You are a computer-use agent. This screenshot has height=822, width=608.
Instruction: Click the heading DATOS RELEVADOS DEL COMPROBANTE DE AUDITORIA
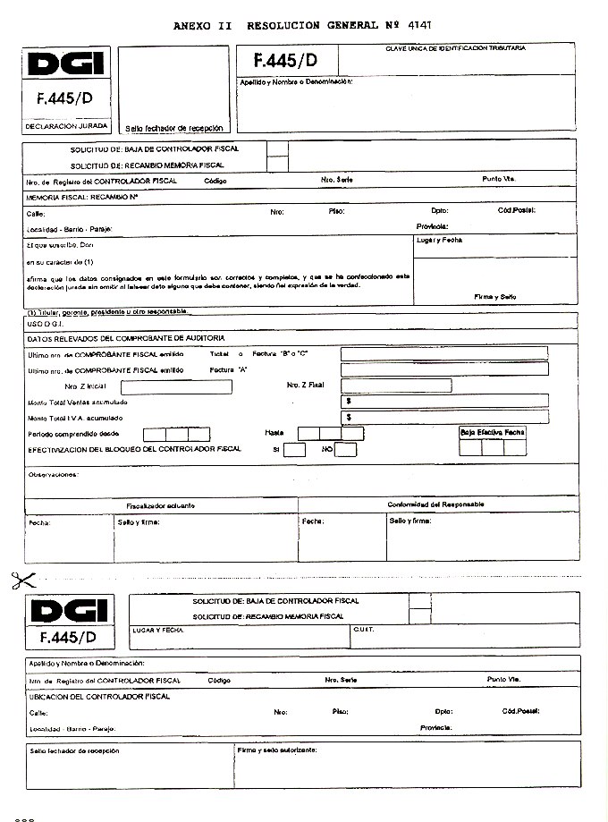pyautogui.click(x=126, y=338)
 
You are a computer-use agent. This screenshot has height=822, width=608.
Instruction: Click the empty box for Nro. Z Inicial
pyautogui.click(x=176, y=387)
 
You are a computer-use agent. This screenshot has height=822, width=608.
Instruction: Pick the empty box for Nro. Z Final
pyautogui.click(x=395, y=386)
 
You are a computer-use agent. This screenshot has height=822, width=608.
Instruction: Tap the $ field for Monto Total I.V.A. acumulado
pyautogui.click(x=444, y=417)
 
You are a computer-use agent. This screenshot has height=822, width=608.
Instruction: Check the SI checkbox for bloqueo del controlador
pyautogui.click(x=294, y=449)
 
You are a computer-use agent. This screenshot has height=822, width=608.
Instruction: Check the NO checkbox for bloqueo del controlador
pyautogui.click(x=345, y=449)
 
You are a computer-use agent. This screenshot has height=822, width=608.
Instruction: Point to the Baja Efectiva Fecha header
pyautogui.click(x=493, y=432)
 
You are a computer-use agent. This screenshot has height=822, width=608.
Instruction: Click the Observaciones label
pyautogui.click(x=54, y=474)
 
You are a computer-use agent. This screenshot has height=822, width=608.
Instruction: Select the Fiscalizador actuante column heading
pyautogui.click(x=161, y=505)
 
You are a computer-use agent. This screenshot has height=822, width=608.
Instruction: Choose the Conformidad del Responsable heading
pyautogui.click(x=435, y=504)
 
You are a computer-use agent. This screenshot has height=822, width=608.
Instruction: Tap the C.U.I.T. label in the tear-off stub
pyautogui.click(x=364, y=630)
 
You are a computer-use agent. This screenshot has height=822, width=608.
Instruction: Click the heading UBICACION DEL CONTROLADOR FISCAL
pyautogui.click(x=99, y=696)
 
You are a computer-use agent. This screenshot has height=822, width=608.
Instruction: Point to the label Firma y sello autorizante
pyautogui.click(x=277, y=750)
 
